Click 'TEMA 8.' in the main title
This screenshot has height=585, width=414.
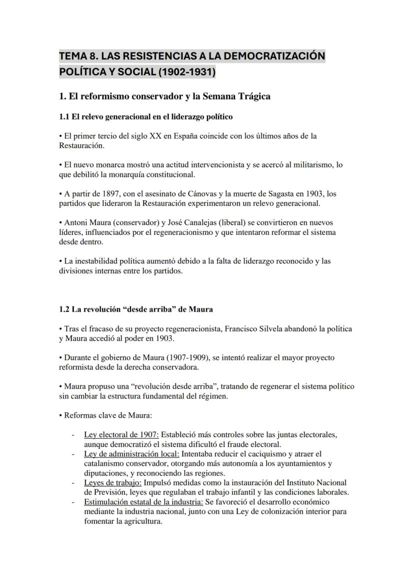[76, 55]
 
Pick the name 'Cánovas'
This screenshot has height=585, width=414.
[204, 193]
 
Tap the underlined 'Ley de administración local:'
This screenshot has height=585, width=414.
[131, 454]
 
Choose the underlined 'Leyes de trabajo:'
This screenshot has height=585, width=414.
[113, 483]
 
